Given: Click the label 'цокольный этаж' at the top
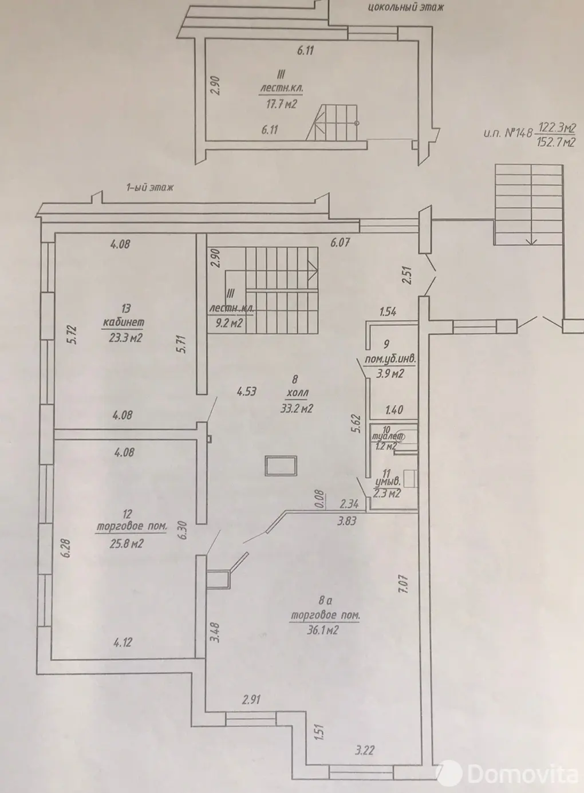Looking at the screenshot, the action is click(x=405, y=7).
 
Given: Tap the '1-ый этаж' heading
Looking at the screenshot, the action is click(x=150, y=187).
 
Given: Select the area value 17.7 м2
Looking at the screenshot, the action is click(x=281, y=104).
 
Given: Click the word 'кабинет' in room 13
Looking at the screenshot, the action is click(x=123, y=322).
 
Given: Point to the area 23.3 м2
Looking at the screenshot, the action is click(x=125, y=338).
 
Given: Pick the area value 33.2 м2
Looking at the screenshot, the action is click(x=297, y=409).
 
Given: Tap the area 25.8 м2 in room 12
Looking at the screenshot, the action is click(x=127, y=543).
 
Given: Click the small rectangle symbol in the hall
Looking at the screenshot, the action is click(x=281, y=465).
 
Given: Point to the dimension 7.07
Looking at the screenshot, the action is click(x=405, y=584).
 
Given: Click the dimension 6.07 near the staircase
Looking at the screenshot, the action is click(x=340, y=242).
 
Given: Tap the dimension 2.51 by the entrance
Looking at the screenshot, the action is click(x=408, y=275).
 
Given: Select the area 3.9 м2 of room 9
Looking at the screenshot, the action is click(x=390, y=373).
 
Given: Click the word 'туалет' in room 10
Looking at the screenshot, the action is click(x=388, y=437).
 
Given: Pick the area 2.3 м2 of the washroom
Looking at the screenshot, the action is click(x=387, y=494).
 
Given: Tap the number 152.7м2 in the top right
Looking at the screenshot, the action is click(x=556, y=143).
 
